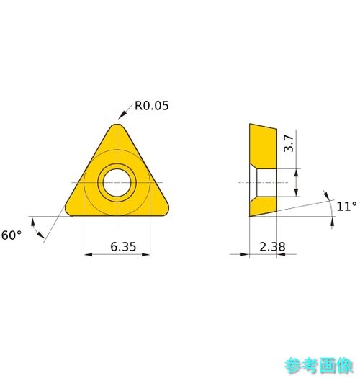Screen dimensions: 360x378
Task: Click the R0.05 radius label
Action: click(x=151, y=106)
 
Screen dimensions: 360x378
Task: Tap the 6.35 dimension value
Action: click(x=123, y=247)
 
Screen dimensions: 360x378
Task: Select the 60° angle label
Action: click(x=12, y=235)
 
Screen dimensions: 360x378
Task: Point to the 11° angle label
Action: click(x=346, y=207)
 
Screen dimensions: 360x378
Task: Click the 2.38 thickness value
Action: click(x=272, y=247)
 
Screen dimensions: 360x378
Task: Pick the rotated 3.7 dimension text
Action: click(x=289, y=143)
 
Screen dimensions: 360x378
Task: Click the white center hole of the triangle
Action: click(x=117, y=182)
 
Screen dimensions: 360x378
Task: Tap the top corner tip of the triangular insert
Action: click(x=117, y=124)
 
